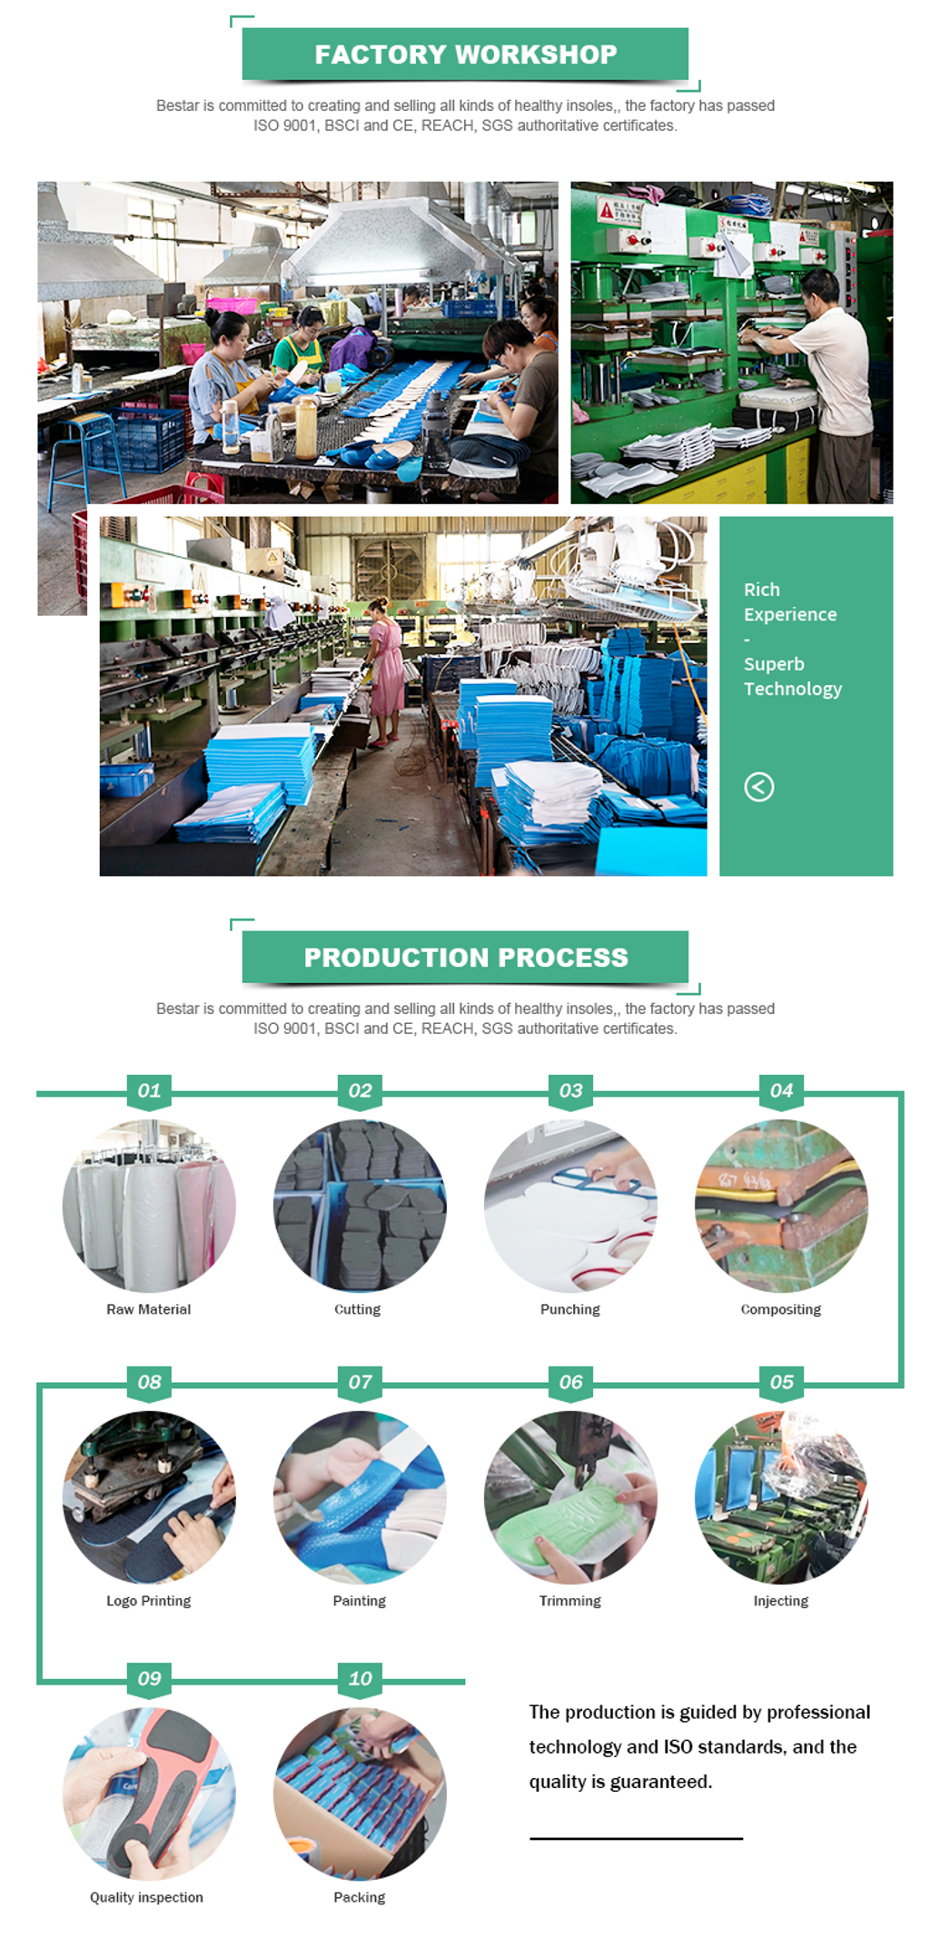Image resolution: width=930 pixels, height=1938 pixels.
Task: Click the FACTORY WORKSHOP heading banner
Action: tap(465, 55)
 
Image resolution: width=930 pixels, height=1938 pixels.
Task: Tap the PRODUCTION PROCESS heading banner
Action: tap(465, 958)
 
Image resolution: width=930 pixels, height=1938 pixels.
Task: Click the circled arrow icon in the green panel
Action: tap(759, 787)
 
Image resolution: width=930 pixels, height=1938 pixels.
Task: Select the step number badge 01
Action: tap(149, 1090)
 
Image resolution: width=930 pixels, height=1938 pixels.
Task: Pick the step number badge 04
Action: tap(781, 1090)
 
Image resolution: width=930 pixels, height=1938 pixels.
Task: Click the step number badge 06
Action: tap(570, 1382)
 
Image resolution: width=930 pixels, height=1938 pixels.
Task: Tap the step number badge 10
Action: tap(360, 1678)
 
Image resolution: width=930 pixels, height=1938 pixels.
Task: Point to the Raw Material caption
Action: tap(149, 1309)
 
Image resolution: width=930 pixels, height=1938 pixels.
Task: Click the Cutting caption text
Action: tap(358, 1309)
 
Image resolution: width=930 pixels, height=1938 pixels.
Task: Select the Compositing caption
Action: tap(781, 1309)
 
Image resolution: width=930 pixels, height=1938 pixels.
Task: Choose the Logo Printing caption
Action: tap(149, 1601)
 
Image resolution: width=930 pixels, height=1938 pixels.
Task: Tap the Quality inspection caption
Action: tap(147, 1897)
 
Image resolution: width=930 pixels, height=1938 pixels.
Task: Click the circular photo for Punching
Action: tap(570, 1207)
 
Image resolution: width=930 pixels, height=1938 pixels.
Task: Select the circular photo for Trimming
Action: tap(570, 1497)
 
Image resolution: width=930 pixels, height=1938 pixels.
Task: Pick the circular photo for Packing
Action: tap(360, 1794)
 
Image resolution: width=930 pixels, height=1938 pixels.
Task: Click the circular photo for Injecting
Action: tap(781, 1497)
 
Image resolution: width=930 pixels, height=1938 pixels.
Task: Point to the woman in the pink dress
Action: tap(385, 668)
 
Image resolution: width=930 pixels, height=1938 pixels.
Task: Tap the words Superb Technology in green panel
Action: tap(793, 677)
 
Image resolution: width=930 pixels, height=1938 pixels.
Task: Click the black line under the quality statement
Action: tap(636, 1839)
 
